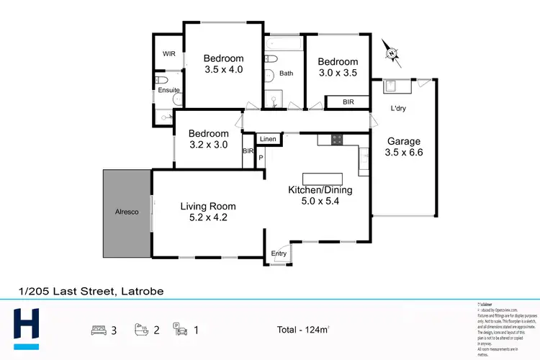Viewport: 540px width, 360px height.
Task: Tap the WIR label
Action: point(169,54)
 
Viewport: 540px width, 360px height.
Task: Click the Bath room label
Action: point(287,73)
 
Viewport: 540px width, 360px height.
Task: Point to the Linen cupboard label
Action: point(268,138)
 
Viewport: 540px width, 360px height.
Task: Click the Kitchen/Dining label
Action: point(320,190)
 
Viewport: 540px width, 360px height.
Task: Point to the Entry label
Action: point(279,253)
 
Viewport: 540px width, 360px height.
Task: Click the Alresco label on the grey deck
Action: point(126,212)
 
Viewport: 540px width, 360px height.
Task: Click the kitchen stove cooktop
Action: point(336,139)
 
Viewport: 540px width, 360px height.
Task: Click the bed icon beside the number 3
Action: point(99,330)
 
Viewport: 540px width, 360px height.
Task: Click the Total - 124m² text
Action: point(304,330)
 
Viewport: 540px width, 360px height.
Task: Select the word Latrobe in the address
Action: point(141,292)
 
